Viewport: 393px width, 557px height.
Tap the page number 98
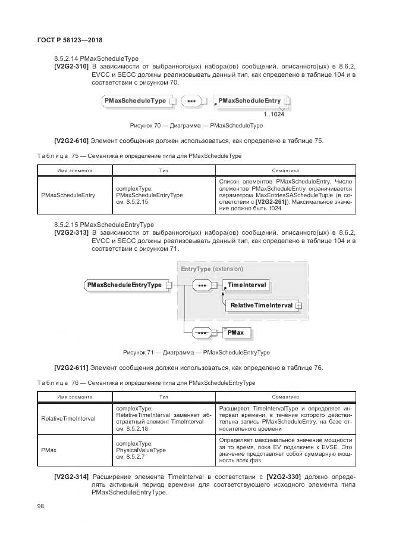tap(40, 506)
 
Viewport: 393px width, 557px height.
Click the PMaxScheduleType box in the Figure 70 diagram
tap(135, 101)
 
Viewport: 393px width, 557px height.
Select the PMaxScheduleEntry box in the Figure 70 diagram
tap(249, 101)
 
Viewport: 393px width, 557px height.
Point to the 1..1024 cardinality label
tap(273, 114)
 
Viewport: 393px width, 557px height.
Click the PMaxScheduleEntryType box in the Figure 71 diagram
tap(124, 285)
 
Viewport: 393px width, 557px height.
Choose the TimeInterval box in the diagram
tap(247, 285)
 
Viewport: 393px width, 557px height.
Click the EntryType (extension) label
tap(212, 269)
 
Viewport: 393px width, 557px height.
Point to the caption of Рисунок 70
tap(196, 126)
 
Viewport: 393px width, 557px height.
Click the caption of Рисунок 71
tap(196, 352)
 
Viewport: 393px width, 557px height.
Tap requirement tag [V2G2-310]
tap(71, 67)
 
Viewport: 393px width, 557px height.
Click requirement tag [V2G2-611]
tap(71, 368)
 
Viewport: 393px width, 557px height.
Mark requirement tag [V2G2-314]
tap(71, 477)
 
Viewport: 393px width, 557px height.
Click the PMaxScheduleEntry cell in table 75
tap(68, 195)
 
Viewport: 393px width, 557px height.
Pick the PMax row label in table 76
tap(49, 450)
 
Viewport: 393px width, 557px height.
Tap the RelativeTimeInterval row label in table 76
tap(68, 419)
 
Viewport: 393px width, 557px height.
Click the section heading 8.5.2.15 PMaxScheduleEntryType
tap(103, 225)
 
